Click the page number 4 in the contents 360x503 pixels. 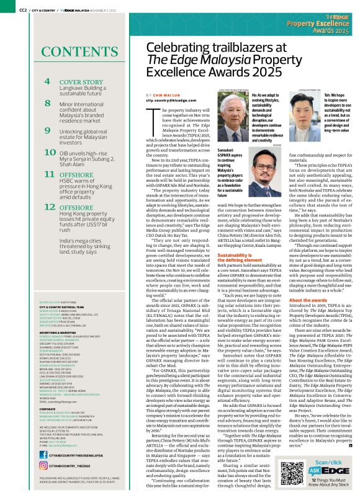point(48,82)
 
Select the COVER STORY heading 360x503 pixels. point(81,82)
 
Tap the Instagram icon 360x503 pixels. point(43,482)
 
